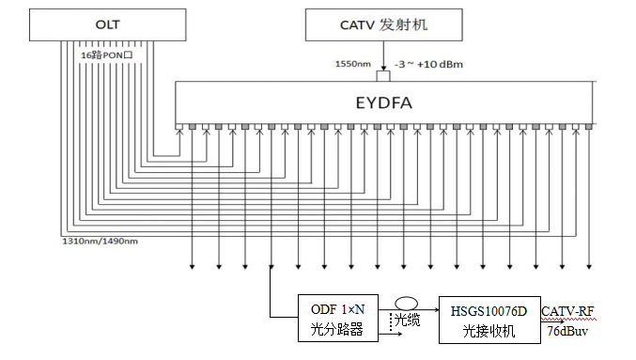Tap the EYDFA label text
[x=383, y=102]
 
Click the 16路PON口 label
[x=107, y=55]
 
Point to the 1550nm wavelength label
[x=353, y=64]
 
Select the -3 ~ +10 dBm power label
[x=428, y=64]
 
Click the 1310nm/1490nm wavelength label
[x=100, y=241]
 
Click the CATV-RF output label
[x=567, y=312]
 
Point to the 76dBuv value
[x=567, y=331]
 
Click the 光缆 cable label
[x=407, y=321]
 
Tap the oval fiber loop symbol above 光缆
[x=406, y=298]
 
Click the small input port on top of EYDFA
[x=383, y=76]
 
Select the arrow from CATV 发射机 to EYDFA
[x=383, y=55]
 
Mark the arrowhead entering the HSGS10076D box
[x=437, y=310]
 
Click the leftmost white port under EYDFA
[x=179, y=127]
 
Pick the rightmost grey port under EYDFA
[x=589, y=127]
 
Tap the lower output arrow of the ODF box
[x=390, y=334]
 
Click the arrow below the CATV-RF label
[x=552, y=322]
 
